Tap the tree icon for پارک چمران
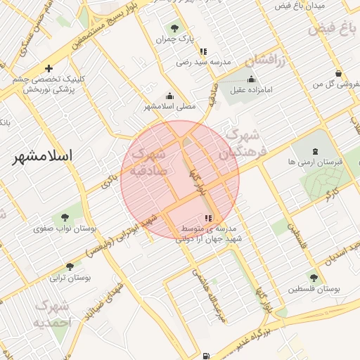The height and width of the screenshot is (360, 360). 174,28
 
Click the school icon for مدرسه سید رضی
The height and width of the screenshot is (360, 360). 203,51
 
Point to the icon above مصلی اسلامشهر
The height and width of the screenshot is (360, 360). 169,96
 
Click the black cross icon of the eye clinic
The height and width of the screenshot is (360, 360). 48,68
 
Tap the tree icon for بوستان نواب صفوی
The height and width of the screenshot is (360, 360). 65,217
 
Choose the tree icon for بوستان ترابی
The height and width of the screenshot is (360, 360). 69,266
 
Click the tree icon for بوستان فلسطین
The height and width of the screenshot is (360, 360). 312,278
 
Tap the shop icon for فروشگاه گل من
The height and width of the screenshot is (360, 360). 338,74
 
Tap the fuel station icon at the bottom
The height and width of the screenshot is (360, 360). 205,356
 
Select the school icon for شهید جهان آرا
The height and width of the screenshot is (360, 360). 207,218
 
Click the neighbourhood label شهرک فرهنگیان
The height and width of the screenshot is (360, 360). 239,145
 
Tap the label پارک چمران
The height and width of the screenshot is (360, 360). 174,39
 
